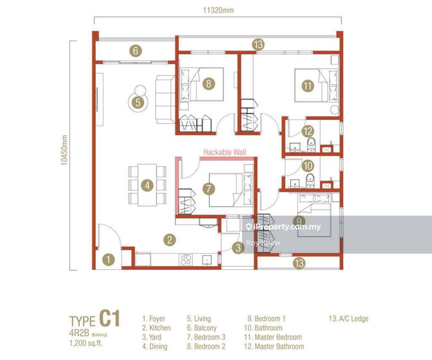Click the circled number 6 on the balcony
point(135,51)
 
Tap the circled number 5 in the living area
point(138,103)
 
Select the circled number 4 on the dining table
point(147,185)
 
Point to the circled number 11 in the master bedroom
point(308,86)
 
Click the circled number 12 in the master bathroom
point(308,131)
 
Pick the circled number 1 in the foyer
point(108,260)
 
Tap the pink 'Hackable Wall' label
point(225,152)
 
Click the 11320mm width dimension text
point(218,10)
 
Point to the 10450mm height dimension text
point(64,150)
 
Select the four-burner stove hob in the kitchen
point(186,260)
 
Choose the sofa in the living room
point(165,100)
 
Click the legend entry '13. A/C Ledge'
point(348,319)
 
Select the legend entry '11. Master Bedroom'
point(273,337)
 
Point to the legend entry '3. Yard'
point(152,337)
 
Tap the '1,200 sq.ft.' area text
point(86,344)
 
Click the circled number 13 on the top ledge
point(259,44)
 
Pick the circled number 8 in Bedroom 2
point(208,83)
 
